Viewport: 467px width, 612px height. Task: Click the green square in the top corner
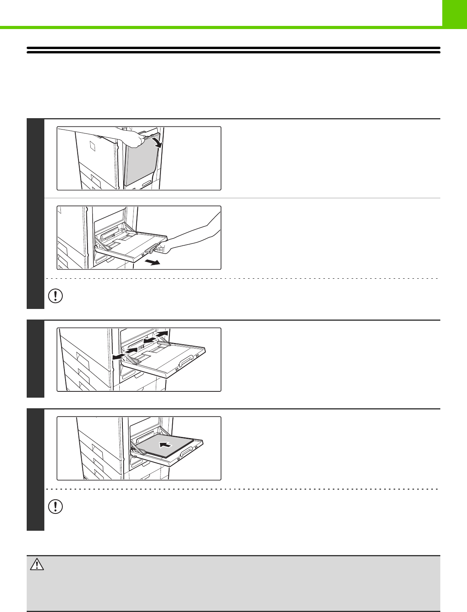pos(454,13)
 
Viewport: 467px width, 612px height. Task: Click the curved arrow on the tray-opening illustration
pos(156,140)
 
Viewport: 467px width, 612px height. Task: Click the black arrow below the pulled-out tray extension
pos(152,262)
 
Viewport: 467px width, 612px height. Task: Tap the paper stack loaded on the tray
pos(167,446)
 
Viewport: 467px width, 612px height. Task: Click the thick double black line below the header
pos(233,50)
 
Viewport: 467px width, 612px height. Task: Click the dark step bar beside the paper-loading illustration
pos(35,470)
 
